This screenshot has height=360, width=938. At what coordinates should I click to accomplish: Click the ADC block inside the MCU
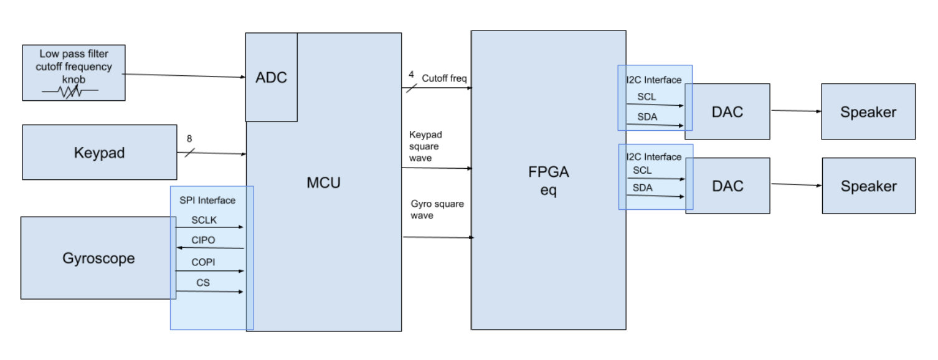271,78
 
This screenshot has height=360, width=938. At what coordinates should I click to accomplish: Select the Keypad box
99,153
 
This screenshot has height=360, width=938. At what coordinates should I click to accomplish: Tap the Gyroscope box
98,258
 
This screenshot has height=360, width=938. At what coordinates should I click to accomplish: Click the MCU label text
324,183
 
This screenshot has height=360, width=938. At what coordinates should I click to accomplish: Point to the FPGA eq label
549,182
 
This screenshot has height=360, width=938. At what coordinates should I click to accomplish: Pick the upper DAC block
727,111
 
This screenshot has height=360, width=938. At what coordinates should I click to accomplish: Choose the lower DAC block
727,186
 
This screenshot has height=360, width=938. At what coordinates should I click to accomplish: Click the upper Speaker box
868,112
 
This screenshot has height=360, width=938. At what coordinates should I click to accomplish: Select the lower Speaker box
868,186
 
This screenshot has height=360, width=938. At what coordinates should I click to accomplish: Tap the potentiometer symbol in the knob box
70,92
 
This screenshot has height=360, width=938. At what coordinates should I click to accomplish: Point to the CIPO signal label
204,241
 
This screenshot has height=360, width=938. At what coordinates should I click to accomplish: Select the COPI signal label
204,262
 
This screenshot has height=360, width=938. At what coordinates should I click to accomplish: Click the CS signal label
203,283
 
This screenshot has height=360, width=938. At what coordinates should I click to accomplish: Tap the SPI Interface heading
207,200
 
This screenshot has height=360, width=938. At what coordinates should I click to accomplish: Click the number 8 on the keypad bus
189,139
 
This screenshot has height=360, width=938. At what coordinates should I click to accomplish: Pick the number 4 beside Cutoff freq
411,75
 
